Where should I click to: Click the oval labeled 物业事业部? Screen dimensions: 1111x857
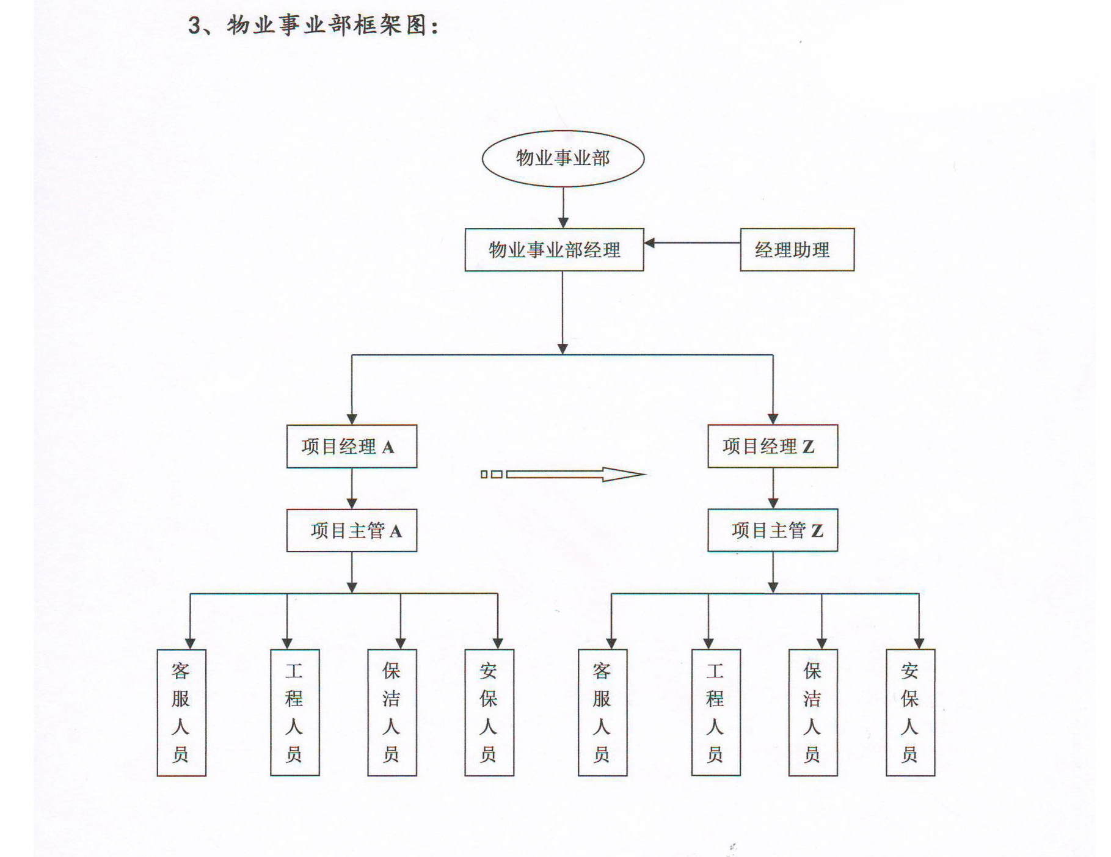(563, 158)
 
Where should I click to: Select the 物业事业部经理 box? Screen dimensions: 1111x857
(554, 249)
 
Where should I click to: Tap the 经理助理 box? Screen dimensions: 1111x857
(797, 249)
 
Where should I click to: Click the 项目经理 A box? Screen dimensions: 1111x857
(352, 447)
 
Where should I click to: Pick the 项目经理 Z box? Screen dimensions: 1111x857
(773, 446)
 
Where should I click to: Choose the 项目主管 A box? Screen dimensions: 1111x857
(352, 530)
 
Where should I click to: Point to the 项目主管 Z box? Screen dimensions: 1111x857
(773, 530)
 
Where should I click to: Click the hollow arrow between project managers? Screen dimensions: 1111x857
(563, 474)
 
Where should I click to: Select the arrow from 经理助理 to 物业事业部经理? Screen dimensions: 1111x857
(693, 243)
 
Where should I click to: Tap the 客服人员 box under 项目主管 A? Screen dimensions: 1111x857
(181, 713)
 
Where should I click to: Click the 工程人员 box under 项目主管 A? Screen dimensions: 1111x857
(295, 713)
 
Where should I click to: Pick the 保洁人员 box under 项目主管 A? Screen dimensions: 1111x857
(392, 713)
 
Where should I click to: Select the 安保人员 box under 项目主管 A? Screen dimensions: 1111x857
(489, 713)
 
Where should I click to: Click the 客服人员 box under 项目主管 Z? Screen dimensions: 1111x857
(603, 713)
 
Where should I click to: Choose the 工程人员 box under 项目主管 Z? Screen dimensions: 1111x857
(716, 713)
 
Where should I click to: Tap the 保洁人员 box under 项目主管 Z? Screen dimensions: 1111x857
(813, 713)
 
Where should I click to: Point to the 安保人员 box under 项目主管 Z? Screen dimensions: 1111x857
(911, 713)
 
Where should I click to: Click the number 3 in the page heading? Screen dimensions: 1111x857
(195, 26)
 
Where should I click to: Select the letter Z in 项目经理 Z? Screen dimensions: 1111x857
(808, 447)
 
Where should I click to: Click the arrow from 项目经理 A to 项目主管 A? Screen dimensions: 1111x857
(352, 489)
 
